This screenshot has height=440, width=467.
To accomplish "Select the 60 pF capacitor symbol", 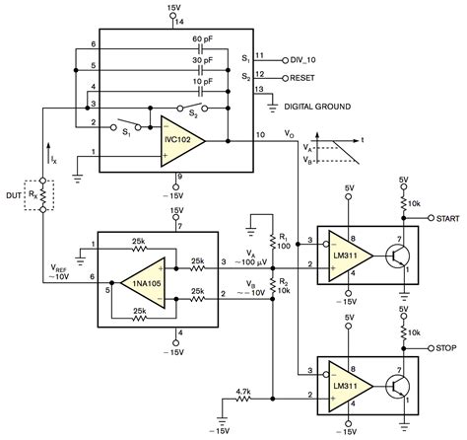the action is pyautogui.click(x=201, y=49).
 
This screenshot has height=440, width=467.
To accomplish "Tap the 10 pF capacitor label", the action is pyautogui.click(x=203, y=81).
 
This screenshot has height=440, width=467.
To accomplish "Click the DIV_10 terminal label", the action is pyautogui.click(x=302, y=60).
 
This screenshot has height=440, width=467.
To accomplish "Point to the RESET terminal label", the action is pyautogui.click(x=302, y=78).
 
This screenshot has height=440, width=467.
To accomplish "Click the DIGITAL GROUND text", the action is pyautogui.click(x=317, y=107).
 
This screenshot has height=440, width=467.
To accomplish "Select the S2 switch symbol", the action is pyautogui.click(x=192, y=108).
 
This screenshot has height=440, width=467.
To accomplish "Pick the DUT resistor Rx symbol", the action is pyautogui.click(x=42, y=195).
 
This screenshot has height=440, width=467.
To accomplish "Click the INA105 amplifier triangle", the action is pyautogui.click(x=143, y=283).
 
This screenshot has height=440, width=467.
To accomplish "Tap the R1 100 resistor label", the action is pyautogui.click(x=285, y=241).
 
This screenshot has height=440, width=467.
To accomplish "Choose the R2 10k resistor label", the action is pyautogui.click(x=285, y=286).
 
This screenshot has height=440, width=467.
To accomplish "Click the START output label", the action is pyautogui.click(x=447, y=218).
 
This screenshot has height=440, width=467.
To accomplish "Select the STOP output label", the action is pyautogui.click(x=446, y=348).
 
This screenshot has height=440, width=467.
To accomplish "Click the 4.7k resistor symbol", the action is pyautogui.click(x=243, y=399).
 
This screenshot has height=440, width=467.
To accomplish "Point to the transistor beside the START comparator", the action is pyautogui.click(x=397, y=256).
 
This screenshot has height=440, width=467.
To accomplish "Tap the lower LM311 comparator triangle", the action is pyautogui.click(x=351, y=386).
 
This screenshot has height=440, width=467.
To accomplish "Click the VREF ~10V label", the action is pyautogui.click(x=59, y=272).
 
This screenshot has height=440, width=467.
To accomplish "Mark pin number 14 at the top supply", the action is pyautogui.click(x=179, y=22).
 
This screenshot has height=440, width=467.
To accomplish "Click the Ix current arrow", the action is pyautogui.click(x=48, y=154).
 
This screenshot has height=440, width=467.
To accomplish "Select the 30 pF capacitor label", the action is pyautogui.click(x=203, y=60).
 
